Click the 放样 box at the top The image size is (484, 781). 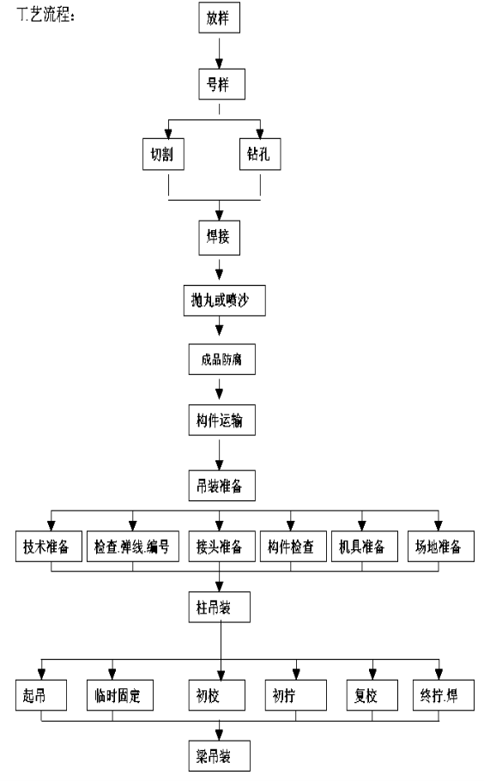coord(219,18)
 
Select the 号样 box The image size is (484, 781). coord(221,84)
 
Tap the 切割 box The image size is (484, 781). coord(163,154)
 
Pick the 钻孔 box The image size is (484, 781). coord(260,154)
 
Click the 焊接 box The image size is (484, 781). coord(219,237)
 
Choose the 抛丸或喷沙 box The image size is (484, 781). coord(225,300)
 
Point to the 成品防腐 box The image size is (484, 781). coord(221,359)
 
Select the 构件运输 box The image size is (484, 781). coord(221,421)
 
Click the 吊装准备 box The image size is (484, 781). coord(221,486)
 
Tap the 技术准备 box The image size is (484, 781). coord(49,547)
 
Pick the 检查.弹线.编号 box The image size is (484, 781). coord(133,547)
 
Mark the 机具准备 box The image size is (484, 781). coord(365,547)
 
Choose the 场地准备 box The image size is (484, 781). coord(441,547)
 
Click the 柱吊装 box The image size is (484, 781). coord(219,607)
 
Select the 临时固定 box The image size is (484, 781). coord(120,695)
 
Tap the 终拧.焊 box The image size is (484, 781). coord(443,695)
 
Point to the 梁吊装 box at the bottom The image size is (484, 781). coord(219,756)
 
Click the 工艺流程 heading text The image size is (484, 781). coord(45,15)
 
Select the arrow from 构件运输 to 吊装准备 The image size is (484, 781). coord(219,453)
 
